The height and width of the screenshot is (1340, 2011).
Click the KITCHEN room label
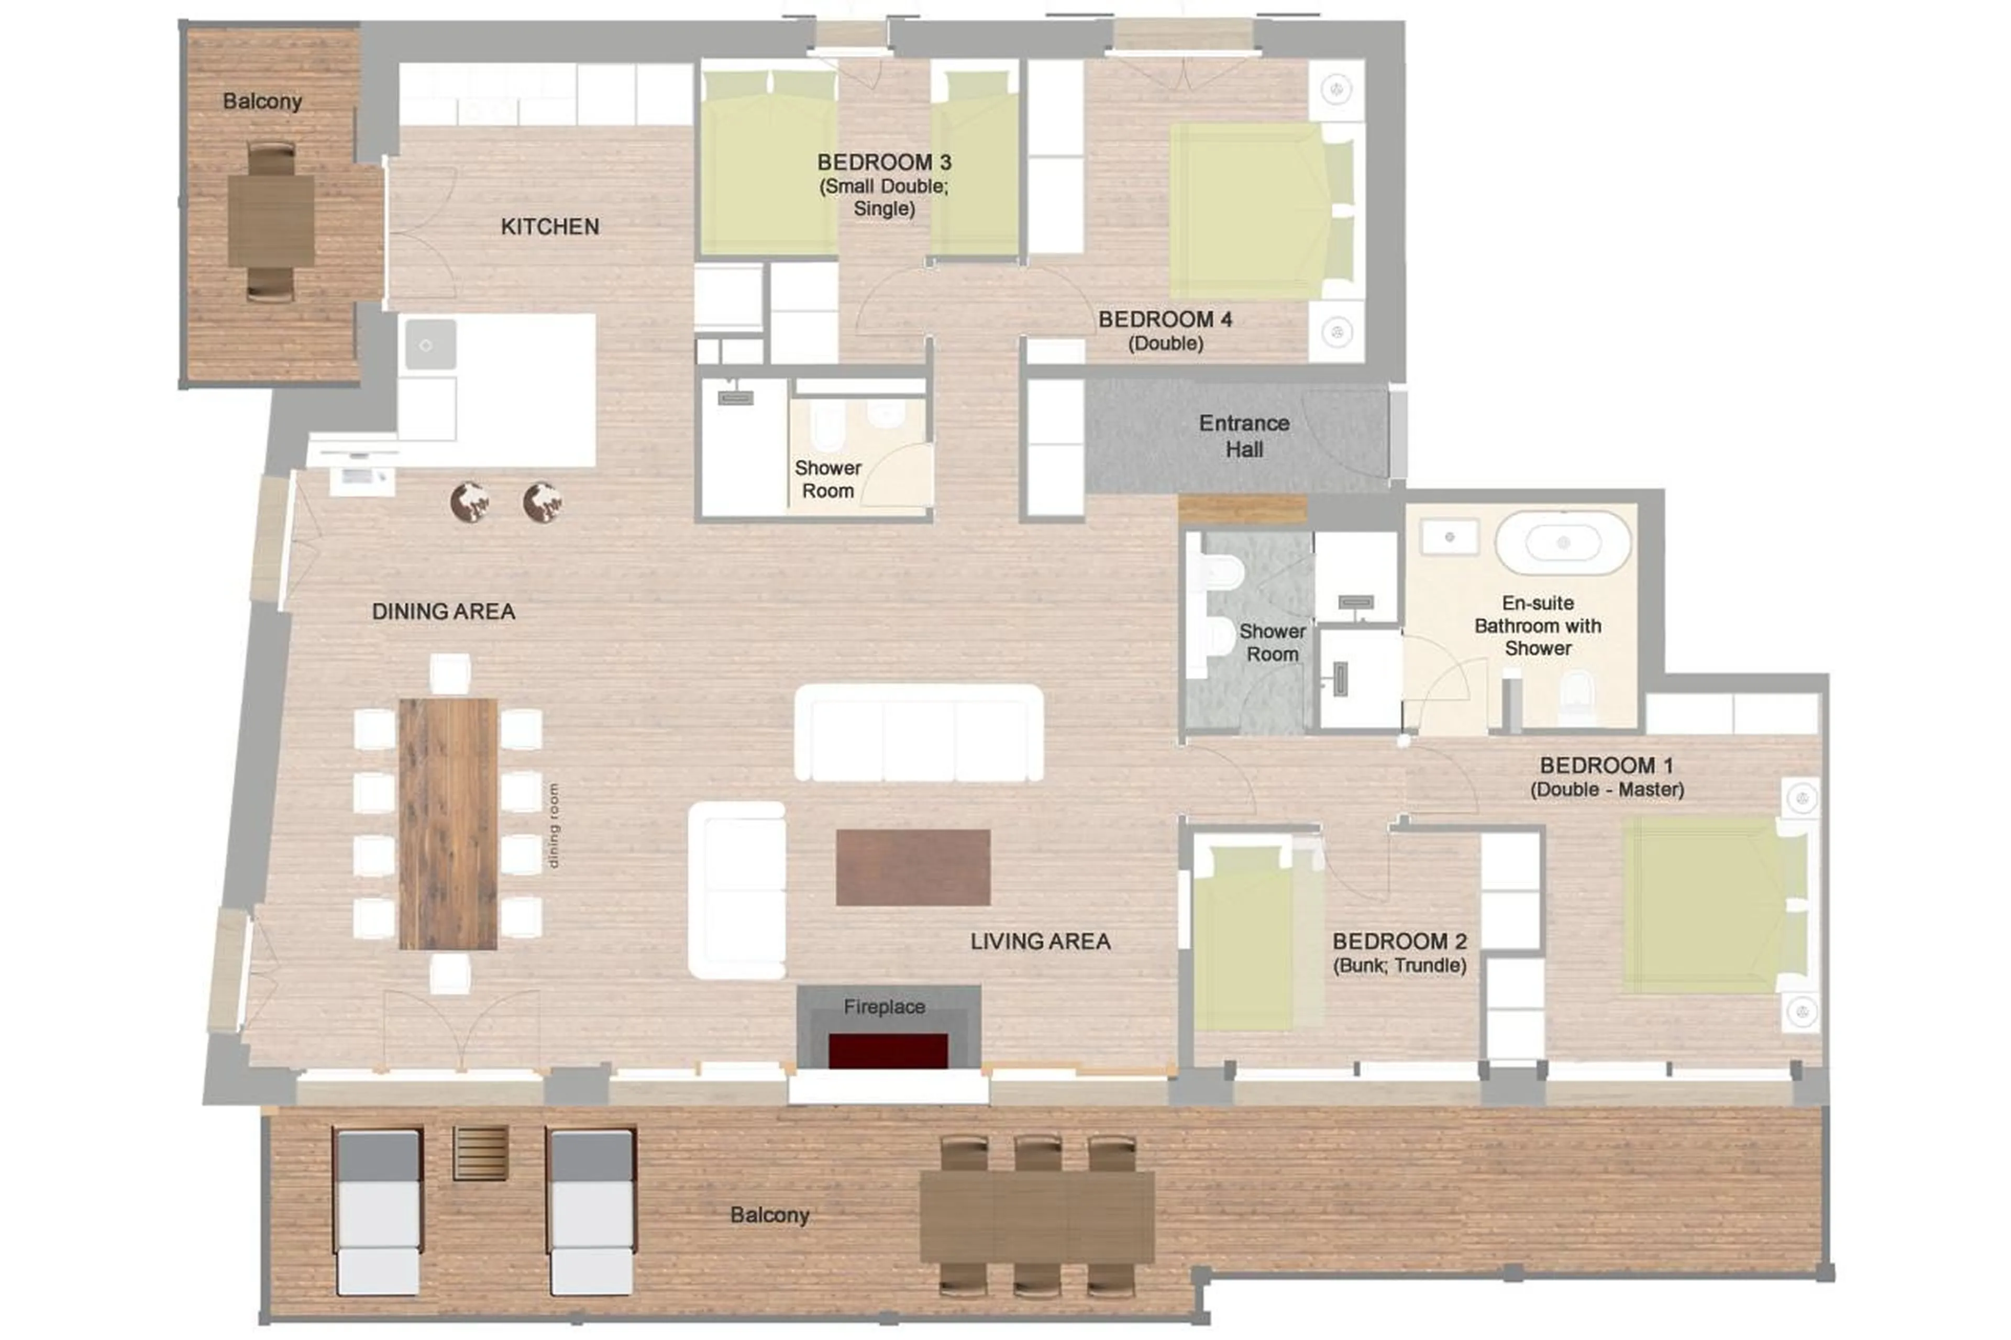(549, 226)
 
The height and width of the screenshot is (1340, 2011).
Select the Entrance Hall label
(1244, 436)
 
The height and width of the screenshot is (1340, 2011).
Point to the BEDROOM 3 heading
(883, 162)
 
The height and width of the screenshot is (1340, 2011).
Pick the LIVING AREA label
(1040, 941)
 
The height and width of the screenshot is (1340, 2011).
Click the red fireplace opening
(888, 1050)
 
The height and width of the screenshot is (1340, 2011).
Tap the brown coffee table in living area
(913, 867)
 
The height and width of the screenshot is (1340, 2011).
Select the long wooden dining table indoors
(448, 824)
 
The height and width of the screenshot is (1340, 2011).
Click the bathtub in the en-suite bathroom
(1562, 542)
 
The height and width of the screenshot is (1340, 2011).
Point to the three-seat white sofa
(919, 733)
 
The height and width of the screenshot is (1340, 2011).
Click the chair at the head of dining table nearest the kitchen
(449, 673)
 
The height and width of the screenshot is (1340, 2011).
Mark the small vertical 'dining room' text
(554, 826)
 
